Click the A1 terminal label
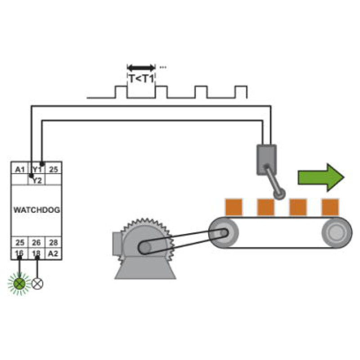point(20,170)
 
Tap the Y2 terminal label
point(37,180)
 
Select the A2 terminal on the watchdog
point(53,253)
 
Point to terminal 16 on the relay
point(19,253)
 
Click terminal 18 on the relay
point(36,253)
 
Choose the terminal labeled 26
point(36,243)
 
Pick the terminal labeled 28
point(53,243)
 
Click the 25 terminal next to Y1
point(54,170)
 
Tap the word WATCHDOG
point(37,210)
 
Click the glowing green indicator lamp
point(19,284)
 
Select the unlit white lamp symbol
point(37,284)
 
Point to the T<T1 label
point(141,79)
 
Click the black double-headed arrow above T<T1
point(141,68)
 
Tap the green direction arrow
point(321,177)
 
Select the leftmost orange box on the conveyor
point(234,207)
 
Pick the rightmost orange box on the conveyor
point(330,207)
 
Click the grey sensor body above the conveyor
point(266,160)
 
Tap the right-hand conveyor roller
point(337,233)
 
